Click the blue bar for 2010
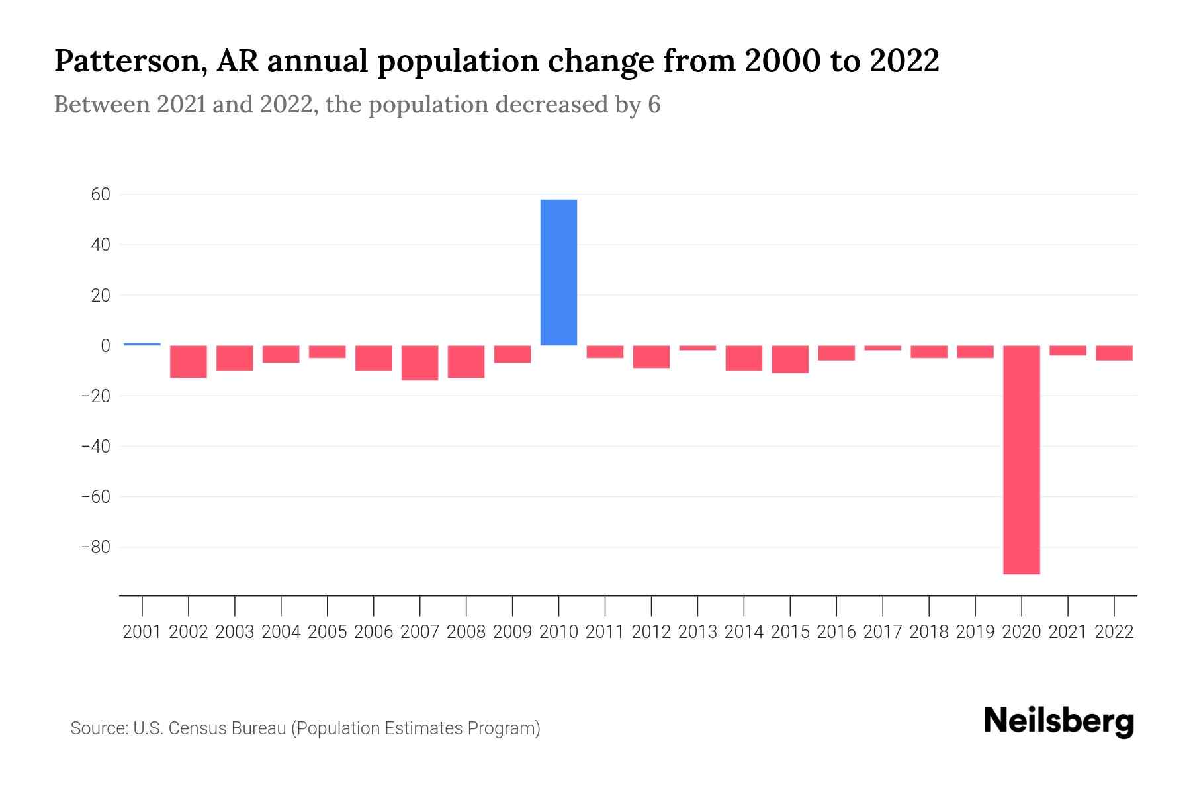(x=558, y=272)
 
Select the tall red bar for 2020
(x=1021, y=459)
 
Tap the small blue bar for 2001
(x=142, y=344)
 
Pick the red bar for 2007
(x=419, y=363)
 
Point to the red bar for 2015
(x=789, y=359)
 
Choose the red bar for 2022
(x=1114, y=353)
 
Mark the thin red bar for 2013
(x=697, y=348)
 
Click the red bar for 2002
(x=189, y=361)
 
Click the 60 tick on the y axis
(x=101, y=195)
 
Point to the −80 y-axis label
(x=95, y=547)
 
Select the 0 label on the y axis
(x=105, y=345)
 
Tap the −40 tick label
(x=95, y=446)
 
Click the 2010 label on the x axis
(x=558, y=632)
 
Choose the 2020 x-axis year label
(x=1021, y=632)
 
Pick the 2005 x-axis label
(x=328, y=632)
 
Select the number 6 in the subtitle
(x=654, y=105)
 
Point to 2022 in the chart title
(x=904, y=61)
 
